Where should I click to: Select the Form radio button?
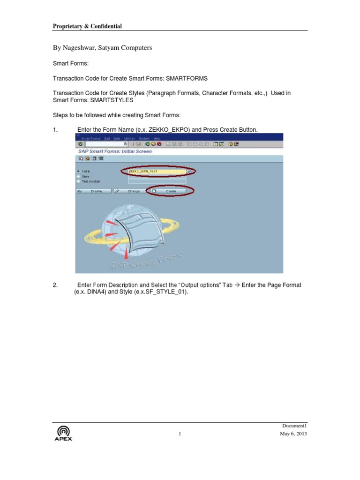tap(78, 172)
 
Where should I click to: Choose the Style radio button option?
tap(78, 176)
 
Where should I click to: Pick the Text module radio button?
tap(78, 181)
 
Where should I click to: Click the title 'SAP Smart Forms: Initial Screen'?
tap(114, 151)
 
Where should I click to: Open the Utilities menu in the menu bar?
tap(130, 138)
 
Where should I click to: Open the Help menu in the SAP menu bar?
tap(157, 138)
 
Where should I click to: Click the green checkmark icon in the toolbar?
tap(80, 144)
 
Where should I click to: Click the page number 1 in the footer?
tap(180, 434)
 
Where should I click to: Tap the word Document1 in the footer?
tap(294, 425)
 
